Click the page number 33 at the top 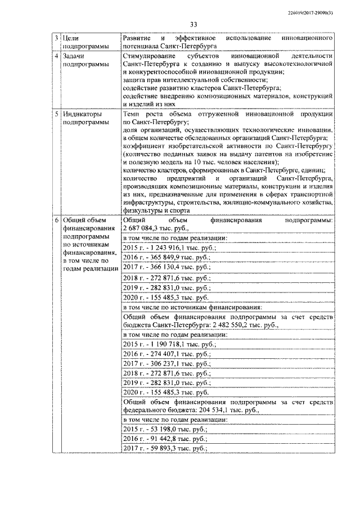[x=193, y=24]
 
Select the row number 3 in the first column [x=56, y=37]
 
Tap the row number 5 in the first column [x=56, y=114]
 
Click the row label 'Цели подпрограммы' [x=83, y=42]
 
